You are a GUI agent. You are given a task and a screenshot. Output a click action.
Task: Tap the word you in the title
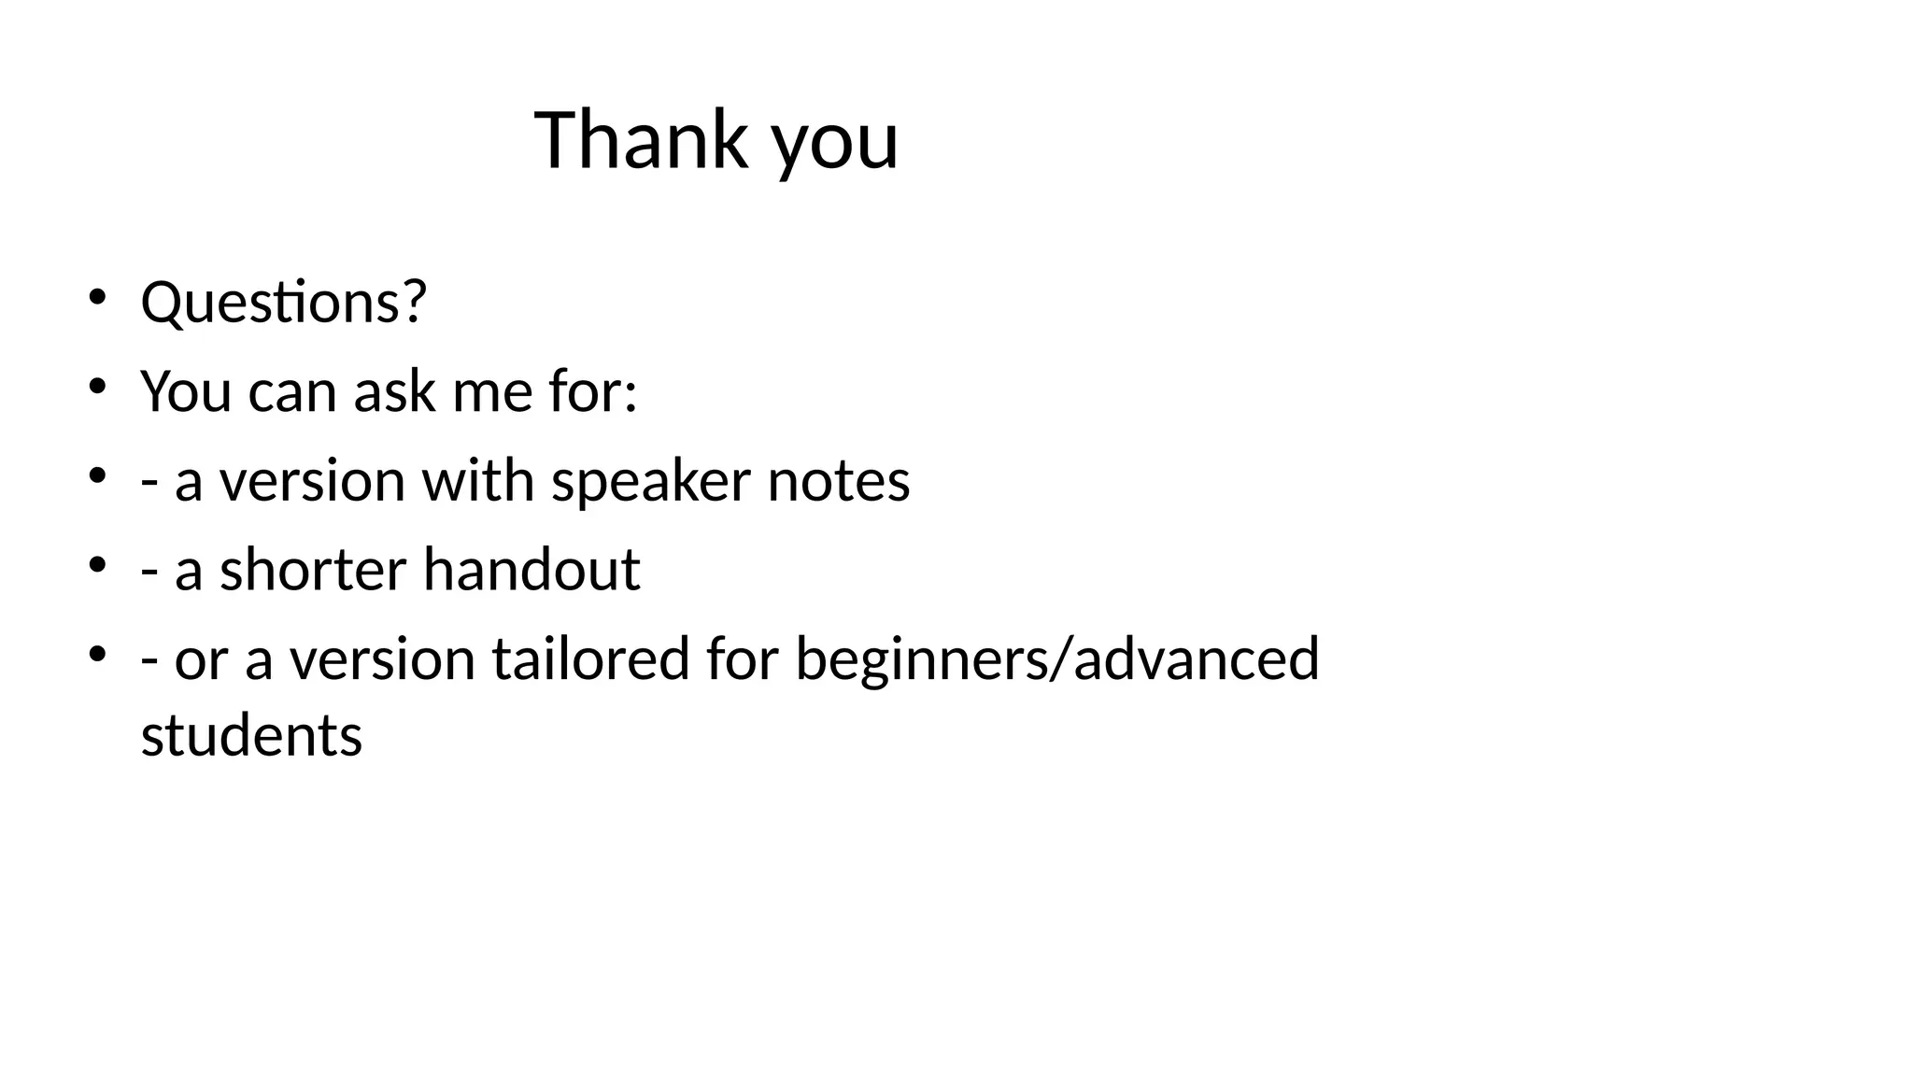click(x=835, y=145)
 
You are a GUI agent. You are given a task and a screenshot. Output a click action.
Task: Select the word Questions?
click(x=283, y=303)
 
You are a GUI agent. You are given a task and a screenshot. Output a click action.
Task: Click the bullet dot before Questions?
click(x=96, y=298)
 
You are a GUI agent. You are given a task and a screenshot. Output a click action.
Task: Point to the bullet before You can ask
click(x=96, y=387)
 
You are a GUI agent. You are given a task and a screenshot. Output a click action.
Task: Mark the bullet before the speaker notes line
click(x=96, y=476)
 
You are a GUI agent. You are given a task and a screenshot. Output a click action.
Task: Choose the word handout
click(x=531, y=569)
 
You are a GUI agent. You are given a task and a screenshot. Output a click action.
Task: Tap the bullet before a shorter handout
click(x=96, y=565)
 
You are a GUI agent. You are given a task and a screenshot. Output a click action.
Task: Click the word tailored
click(x=591, y=658)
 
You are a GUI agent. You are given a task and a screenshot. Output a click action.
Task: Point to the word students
click(x=251, y=735)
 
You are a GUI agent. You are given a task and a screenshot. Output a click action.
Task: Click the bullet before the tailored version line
click(x=96, y=655)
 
